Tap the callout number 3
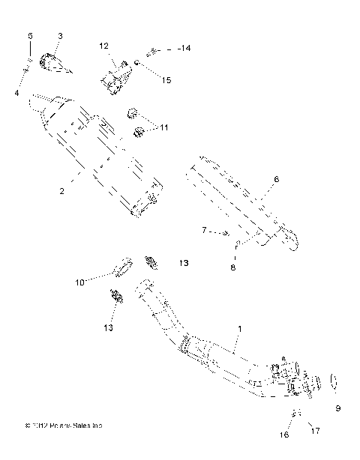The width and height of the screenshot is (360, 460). (60, 36)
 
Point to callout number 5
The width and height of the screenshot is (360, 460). (30, 36)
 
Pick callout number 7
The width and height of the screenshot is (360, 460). (203, 231)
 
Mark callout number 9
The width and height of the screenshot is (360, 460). (337, 408)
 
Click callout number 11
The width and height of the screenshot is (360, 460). (163, 128)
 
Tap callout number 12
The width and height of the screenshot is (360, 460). (103, 46)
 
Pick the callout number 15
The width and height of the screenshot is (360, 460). (166, 80)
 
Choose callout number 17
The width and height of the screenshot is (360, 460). (314, 430)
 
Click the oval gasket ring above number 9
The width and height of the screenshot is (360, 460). (334, 381)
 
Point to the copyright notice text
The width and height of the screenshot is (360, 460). (64, 426)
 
